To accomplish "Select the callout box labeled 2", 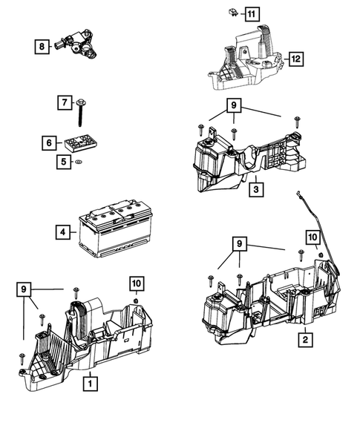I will click(x=304, y=341).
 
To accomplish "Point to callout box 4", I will click(x=64, y=231).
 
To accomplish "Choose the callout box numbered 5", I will click(x=65, y=161).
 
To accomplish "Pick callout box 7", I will click(x=65, y=102).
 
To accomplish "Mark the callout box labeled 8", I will click(x=42, y=47).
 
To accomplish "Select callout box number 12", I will click(x=297, y=58).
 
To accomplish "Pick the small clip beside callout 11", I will click(x=232, y=13).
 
